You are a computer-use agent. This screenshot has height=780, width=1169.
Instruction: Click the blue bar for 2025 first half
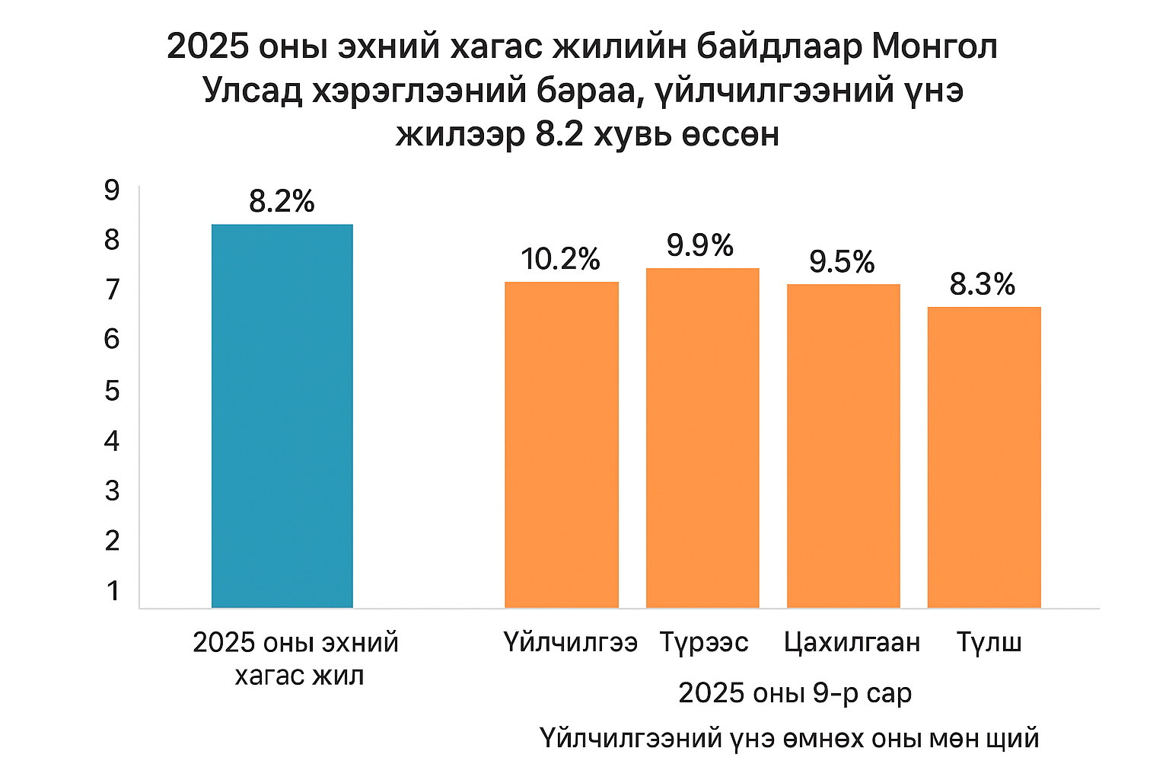click(x=282, y=416)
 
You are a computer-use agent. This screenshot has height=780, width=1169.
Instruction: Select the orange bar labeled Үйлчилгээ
click(x=562, y=445)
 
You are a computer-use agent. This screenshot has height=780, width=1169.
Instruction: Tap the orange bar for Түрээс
click(x=702, y=438)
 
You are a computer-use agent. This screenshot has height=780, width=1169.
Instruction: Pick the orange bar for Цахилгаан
click(x=843, y=446)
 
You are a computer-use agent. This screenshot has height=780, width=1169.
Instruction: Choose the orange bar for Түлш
click(x=984, y=457)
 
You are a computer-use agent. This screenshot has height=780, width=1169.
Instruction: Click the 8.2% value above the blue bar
click(x=282, y=202)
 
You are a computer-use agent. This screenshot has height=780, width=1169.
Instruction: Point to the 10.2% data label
click(x=561, y=260)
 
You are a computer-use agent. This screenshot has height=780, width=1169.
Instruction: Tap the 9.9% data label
click(x=700, y=245)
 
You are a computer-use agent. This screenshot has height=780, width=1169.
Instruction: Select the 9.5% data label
click(x=842, y=262)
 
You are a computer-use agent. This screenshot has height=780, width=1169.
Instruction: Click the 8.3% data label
click(x=983, y=285)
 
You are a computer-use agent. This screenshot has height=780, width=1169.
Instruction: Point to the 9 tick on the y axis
click(x=112, y=190)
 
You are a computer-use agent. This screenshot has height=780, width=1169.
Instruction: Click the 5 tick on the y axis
click(x=112, y=391)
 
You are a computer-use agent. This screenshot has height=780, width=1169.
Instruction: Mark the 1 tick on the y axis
click(x=113, y=590)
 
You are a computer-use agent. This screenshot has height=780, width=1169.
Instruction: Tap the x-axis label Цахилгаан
click(x=852, y=643)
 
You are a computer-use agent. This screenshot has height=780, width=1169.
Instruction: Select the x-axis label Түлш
click(x=989, y=643)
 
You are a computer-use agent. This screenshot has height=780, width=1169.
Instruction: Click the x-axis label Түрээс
click(x=704, y=643)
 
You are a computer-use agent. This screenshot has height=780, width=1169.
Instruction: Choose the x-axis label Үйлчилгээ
click(x=570, y=643)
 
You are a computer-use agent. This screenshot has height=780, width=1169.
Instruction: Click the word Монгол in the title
click(x=935, y=47)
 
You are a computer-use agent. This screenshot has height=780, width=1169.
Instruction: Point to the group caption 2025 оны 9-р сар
click(x=795, y=693)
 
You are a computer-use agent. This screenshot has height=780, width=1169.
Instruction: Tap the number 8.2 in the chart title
click(x=559, y=135)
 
